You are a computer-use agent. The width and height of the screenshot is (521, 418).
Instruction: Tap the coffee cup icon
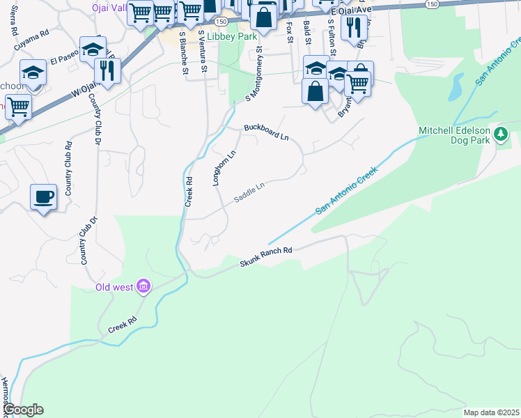click(44, 196)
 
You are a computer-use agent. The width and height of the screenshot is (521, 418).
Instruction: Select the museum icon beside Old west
click(143, 286)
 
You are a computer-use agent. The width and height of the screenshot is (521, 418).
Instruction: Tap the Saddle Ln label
click(249, 192)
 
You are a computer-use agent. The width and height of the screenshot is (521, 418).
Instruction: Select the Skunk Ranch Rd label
click(265, 256)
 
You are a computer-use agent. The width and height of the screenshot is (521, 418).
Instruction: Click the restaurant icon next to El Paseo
click(107, 70)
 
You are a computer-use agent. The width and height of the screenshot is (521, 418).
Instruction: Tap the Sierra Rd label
click(13, 22)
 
